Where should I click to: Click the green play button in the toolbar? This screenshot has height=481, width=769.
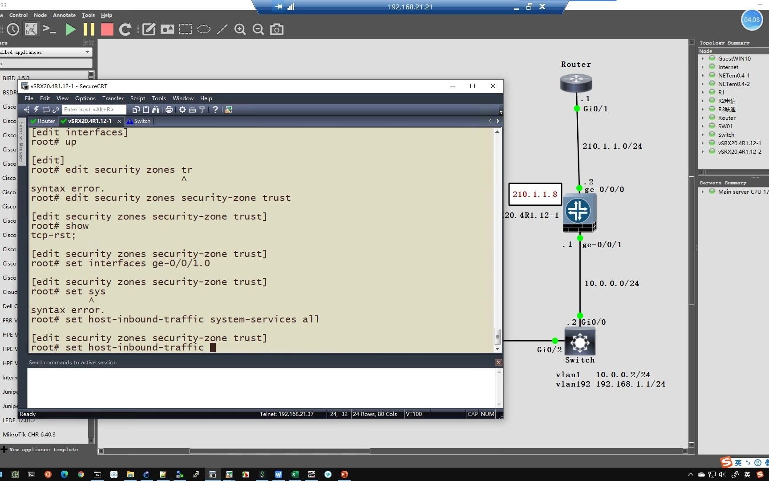pyautogui.click(x=70, y=29)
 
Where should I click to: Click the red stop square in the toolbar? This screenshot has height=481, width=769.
pyautogui.click(x=107, y=29)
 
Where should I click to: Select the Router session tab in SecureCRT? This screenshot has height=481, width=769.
pyautogui.click(x=43, y=121)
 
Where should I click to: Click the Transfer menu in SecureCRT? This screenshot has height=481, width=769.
pyautogui.click(x=113, y=98)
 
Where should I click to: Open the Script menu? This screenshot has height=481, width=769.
pyautogui.click(x=138, y=98)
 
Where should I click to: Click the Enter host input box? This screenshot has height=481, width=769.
pyautogui.click(x=93, y=110)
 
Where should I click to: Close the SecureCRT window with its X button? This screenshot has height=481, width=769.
pyautogui.click(x=493, y=86)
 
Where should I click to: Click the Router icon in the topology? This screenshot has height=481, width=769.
pyautogui.click(x=576, y=83)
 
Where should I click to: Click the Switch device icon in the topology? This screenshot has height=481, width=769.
pyautogui.click(x=579, y=342)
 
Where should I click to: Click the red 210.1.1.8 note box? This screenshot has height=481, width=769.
pyautogui.click(x=534, y=194)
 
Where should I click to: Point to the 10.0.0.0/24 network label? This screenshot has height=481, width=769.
pyautogui.click(x=611, y=283)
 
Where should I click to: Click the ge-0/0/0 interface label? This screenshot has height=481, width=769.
pyautogui.click(x=604, y=190)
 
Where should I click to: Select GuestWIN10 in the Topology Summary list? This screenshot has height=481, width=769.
pyautogui.click(x=734, y=58)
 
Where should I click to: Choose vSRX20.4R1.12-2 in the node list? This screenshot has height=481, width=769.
pyautogui.click(x=739, y=151)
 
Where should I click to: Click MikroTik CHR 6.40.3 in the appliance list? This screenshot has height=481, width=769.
pyautogui.click(x=29, y=434)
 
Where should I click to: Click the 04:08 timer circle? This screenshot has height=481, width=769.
pyautogui.click(x=751, y=20)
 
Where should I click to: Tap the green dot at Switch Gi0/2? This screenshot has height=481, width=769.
pyautogui.click(x=554, y=341)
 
